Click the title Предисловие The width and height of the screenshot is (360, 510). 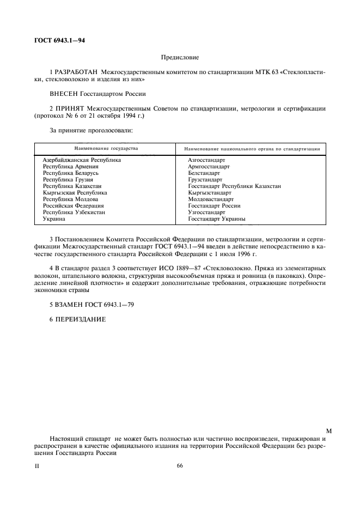180,57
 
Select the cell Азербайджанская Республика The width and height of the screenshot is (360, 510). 82,160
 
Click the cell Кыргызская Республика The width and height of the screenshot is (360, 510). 75,193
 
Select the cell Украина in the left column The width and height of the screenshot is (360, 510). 54,219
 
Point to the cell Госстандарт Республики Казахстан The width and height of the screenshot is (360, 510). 234,186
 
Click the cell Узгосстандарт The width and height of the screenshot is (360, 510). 206,212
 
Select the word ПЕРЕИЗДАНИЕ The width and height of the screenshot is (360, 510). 81,319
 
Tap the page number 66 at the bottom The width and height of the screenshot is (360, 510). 180,466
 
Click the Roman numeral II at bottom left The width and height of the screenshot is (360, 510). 37,467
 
